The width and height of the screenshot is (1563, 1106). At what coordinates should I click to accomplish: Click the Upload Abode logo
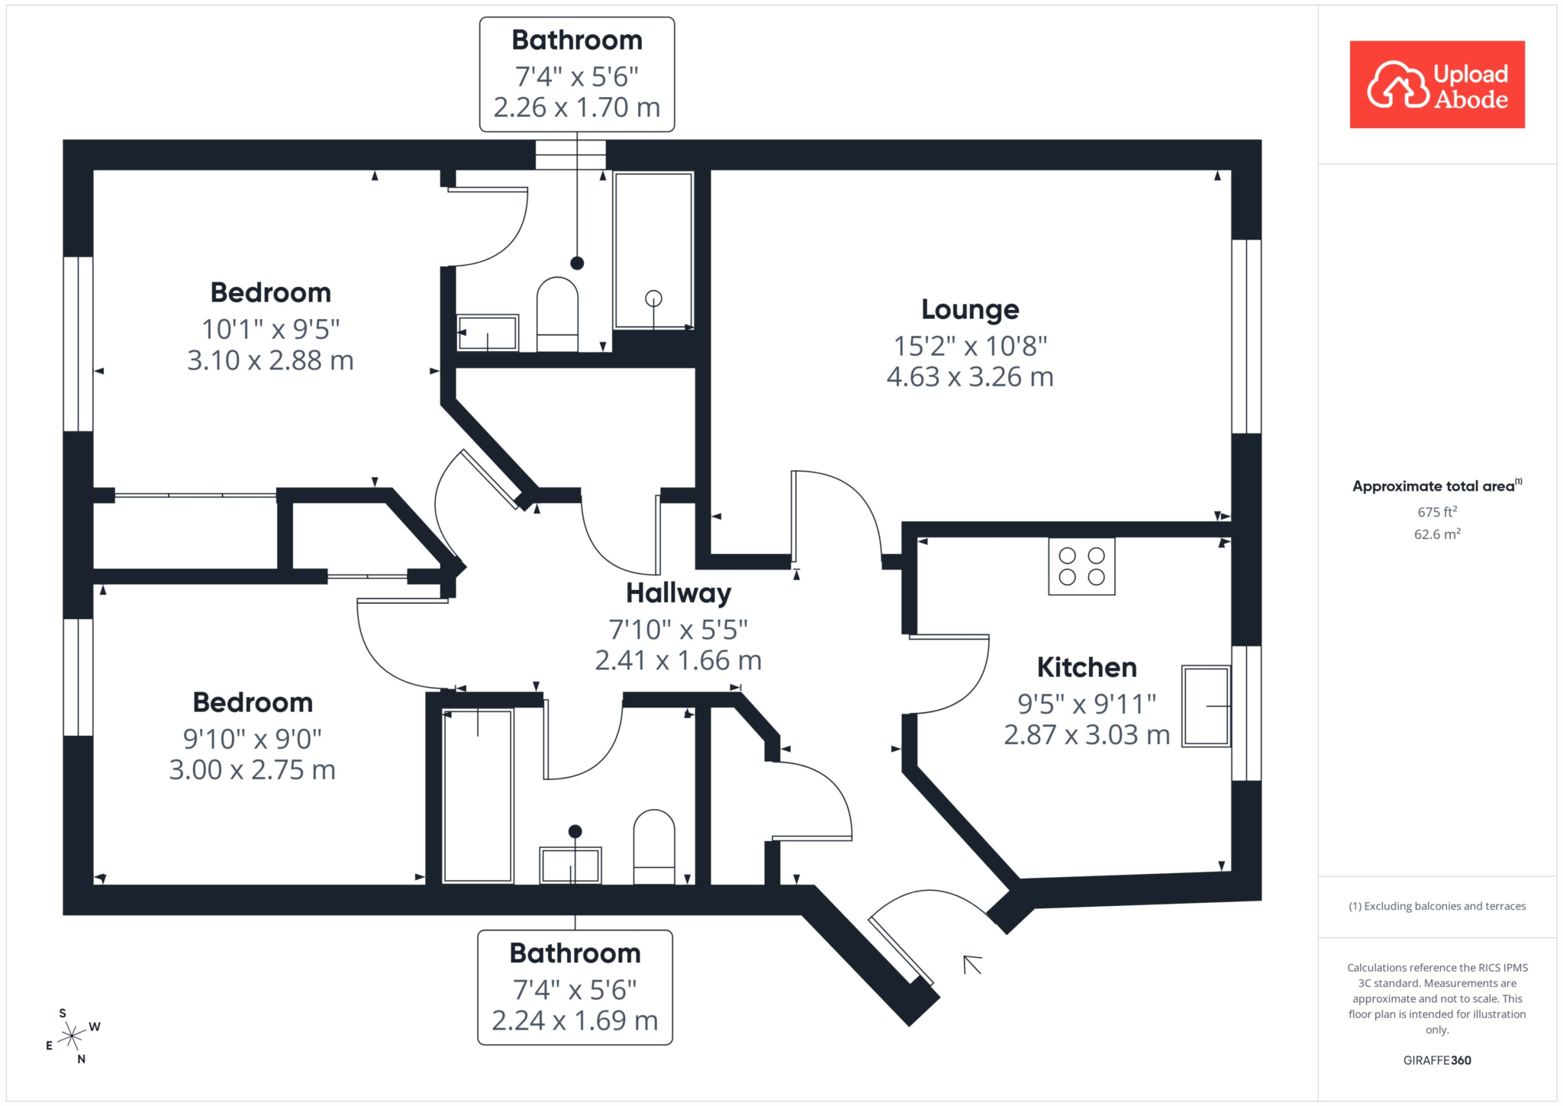pos(1437,85)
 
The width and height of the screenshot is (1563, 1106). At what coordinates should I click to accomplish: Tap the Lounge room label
pos(970,309)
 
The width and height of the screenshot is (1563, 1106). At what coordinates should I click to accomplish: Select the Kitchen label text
pos(1087,667)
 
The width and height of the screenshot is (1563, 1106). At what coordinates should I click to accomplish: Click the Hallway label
pos(678,593)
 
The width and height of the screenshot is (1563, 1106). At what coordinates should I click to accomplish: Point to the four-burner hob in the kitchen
pos(1081,566)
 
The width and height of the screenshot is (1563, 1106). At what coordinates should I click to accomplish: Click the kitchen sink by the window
pos(1206,706)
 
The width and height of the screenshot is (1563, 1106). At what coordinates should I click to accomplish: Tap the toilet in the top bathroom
pos(557,314)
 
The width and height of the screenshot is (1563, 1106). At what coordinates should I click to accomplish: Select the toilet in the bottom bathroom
pos(654,846)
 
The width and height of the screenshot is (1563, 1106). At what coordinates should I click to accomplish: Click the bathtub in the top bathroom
pos(653,250)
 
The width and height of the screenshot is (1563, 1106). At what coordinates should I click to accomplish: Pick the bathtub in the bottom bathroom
pos(478,796)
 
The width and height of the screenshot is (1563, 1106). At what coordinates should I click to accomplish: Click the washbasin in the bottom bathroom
pos(570,865)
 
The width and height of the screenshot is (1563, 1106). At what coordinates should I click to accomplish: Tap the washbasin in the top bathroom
pos(488,333)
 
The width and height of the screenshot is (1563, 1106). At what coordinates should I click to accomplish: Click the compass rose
pos(72,1036)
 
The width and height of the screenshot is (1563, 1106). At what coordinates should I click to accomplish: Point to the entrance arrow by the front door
pos(972,965)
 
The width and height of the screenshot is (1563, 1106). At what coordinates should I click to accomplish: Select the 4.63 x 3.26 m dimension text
pos(970,377)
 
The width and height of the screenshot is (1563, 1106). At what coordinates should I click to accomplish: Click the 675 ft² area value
pos(1437,511)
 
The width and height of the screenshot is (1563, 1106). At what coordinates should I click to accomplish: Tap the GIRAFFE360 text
pos(1437,1060)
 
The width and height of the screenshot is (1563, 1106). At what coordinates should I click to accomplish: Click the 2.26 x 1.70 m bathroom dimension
pos(577,108)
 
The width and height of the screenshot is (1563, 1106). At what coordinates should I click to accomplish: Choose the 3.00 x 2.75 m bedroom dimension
pos(253,770)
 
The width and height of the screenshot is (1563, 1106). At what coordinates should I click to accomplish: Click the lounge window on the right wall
pos(1246,337)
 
